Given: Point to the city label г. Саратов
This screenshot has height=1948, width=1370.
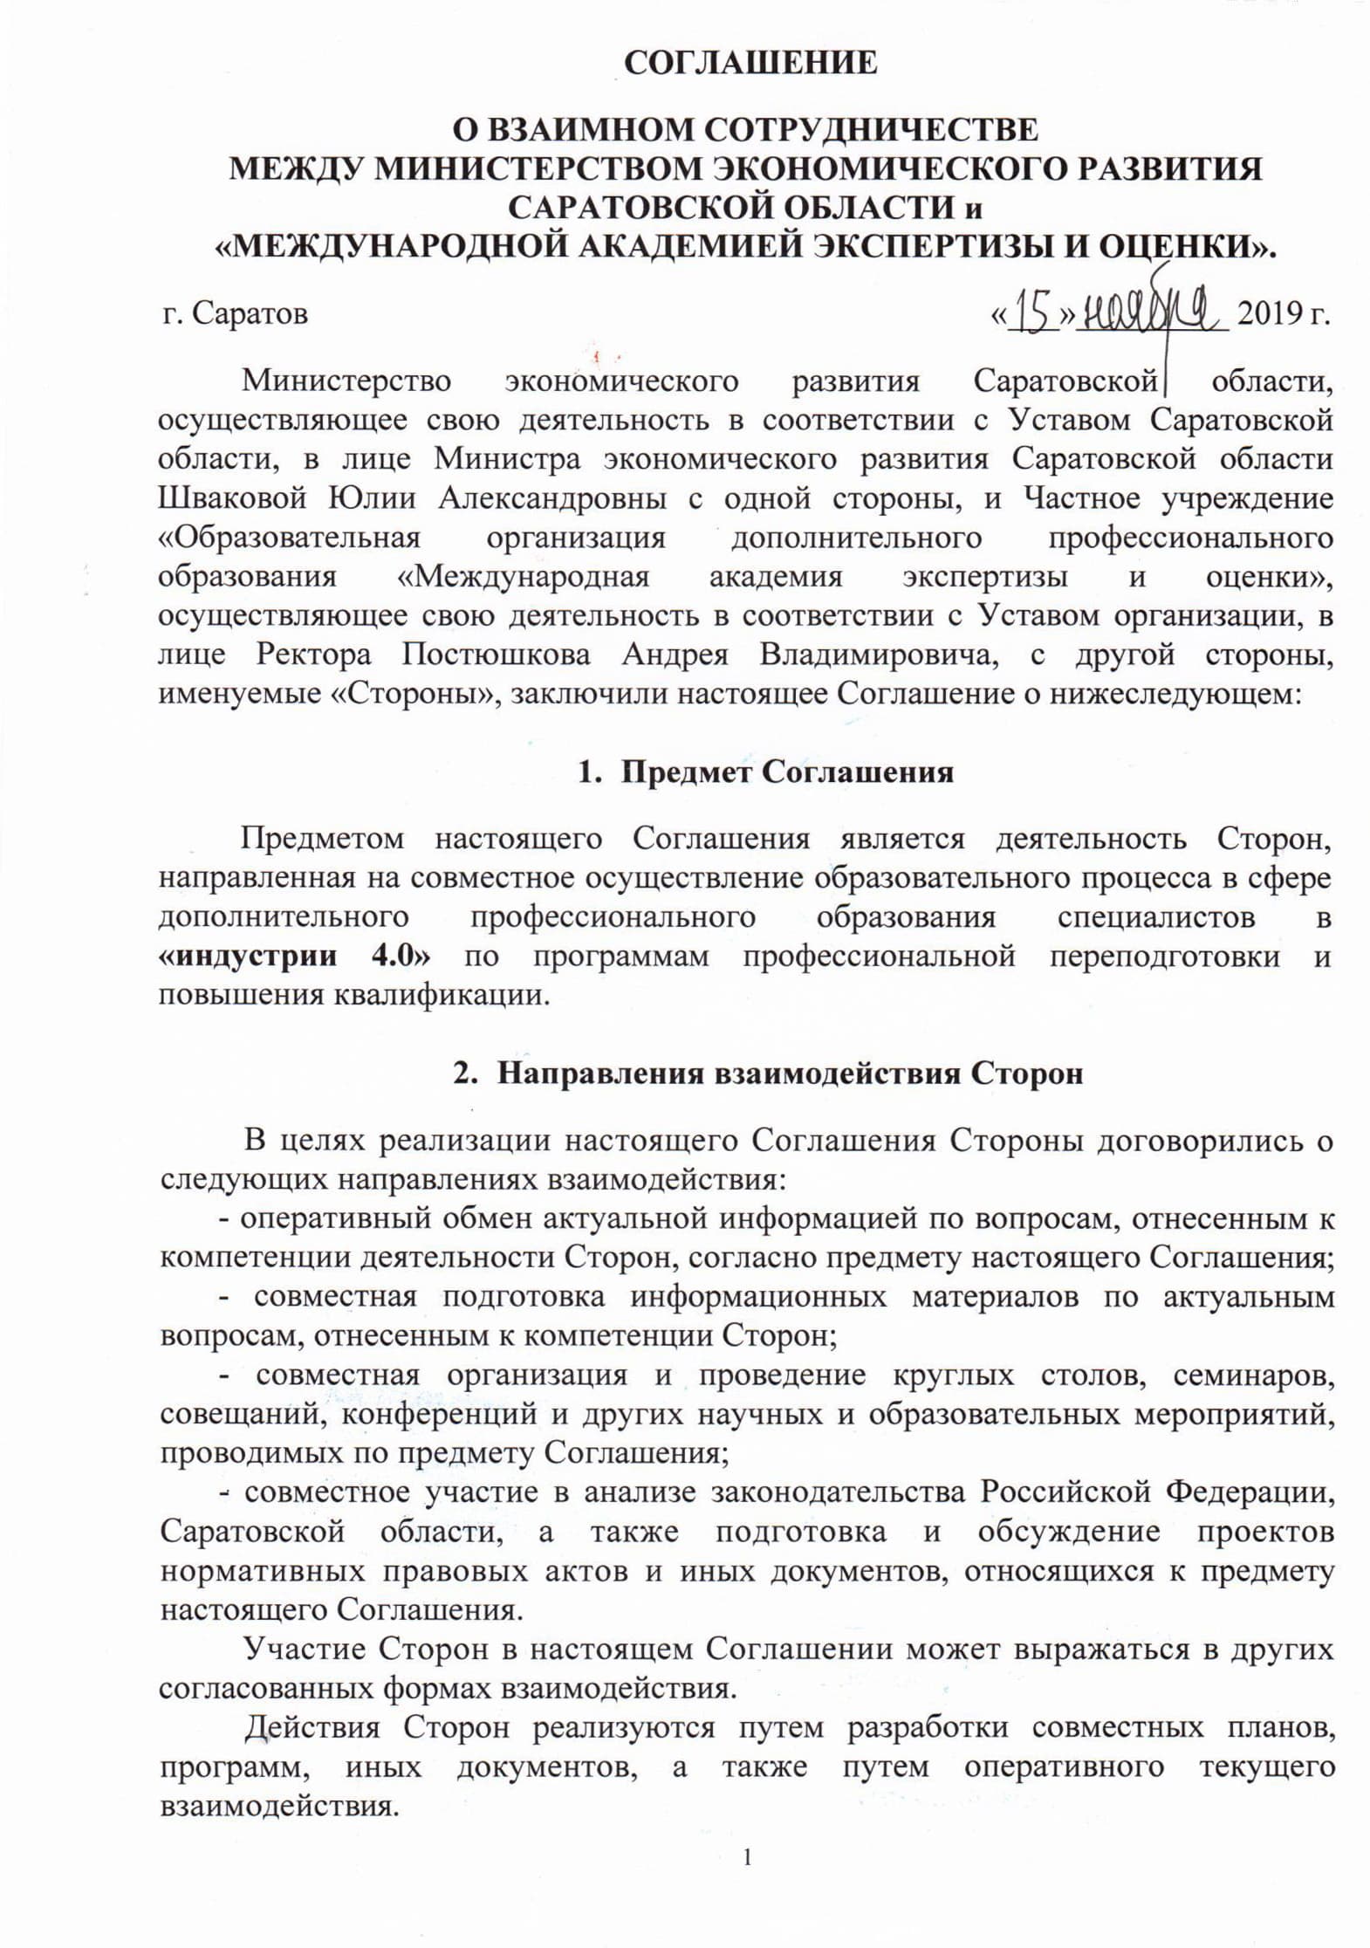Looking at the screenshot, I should (236, 313).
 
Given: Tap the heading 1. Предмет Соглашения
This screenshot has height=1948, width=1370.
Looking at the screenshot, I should (765, 772).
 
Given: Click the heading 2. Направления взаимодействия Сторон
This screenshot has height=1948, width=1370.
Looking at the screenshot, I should (767, 1073).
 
